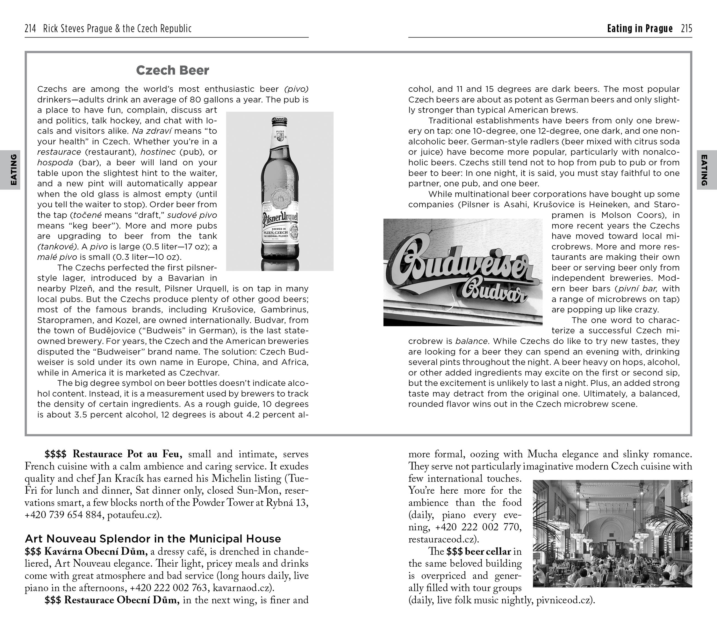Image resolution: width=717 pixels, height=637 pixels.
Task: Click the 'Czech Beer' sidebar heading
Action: [172, 71]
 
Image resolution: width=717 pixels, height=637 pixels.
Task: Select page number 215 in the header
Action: [686, 28]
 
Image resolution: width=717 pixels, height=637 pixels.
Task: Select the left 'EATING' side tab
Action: [13, 170]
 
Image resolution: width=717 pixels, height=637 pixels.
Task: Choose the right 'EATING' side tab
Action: [704, 170]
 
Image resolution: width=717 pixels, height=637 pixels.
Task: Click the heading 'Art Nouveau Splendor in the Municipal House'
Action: [153, 539]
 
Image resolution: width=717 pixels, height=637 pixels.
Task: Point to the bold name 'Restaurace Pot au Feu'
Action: [127, 454]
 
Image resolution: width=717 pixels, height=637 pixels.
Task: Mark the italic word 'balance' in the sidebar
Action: [472, 341]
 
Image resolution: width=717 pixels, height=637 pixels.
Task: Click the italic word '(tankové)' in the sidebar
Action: [57, 246]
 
